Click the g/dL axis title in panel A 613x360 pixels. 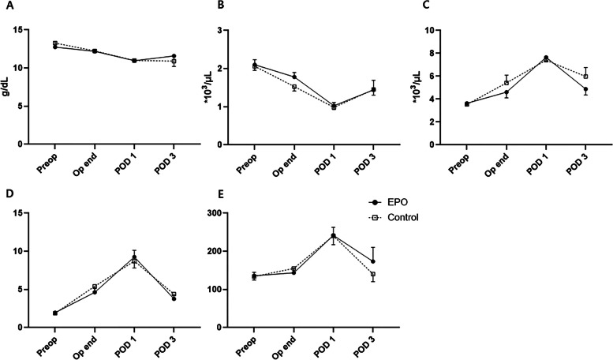pos(8,87)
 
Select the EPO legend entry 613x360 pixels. pos(387,202)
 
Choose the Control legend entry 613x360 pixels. pos(394,217)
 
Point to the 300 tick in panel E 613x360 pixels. pos(214,213)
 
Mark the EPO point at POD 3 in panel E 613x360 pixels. pos(373,261)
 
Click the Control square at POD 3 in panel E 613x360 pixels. pos(373,274)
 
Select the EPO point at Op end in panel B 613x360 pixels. pos(294,77)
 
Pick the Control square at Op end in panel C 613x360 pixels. pos(506,83)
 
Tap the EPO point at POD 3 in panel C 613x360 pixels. pos(585,89)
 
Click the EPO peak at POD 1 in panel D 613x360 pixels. pos(134,257)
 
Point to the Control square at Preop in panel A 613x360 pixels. pos(55,43)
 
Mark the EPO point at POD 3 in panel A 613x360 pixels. pos(174,56)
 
